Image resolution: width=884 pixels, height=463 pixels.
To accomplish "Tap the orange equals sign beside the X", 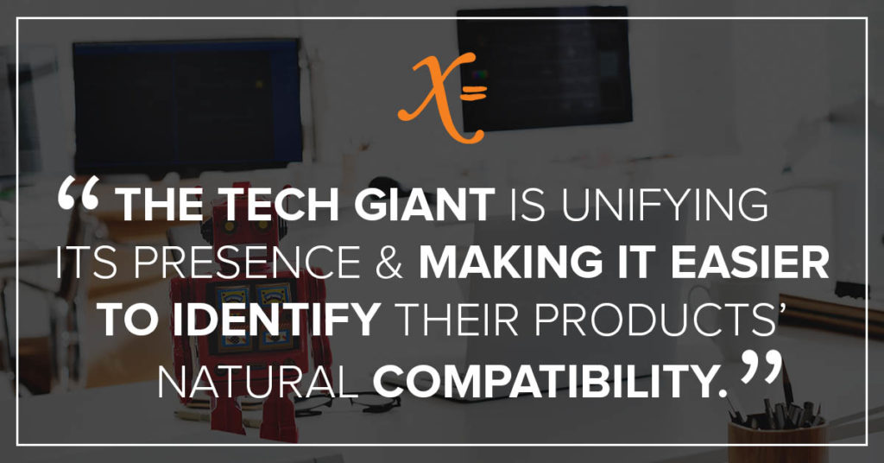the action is click(x=474, y=92).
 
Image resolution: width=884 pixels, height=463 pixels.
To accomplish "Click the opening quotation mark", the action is click(x=79, y=193).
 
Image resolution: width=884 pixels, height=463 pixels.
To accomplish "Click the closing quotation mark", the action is click(x=761, y=368).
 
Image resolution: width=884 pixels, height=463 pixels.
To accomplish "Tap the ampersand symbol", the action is click(x=389, y=262).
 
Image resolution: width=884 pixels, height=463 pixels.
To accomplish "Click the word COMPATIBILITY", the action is click(x=549, y=381).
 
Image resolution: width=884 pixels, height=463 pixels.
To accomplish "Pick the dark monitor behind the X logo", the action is click(x=544, y=68).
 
